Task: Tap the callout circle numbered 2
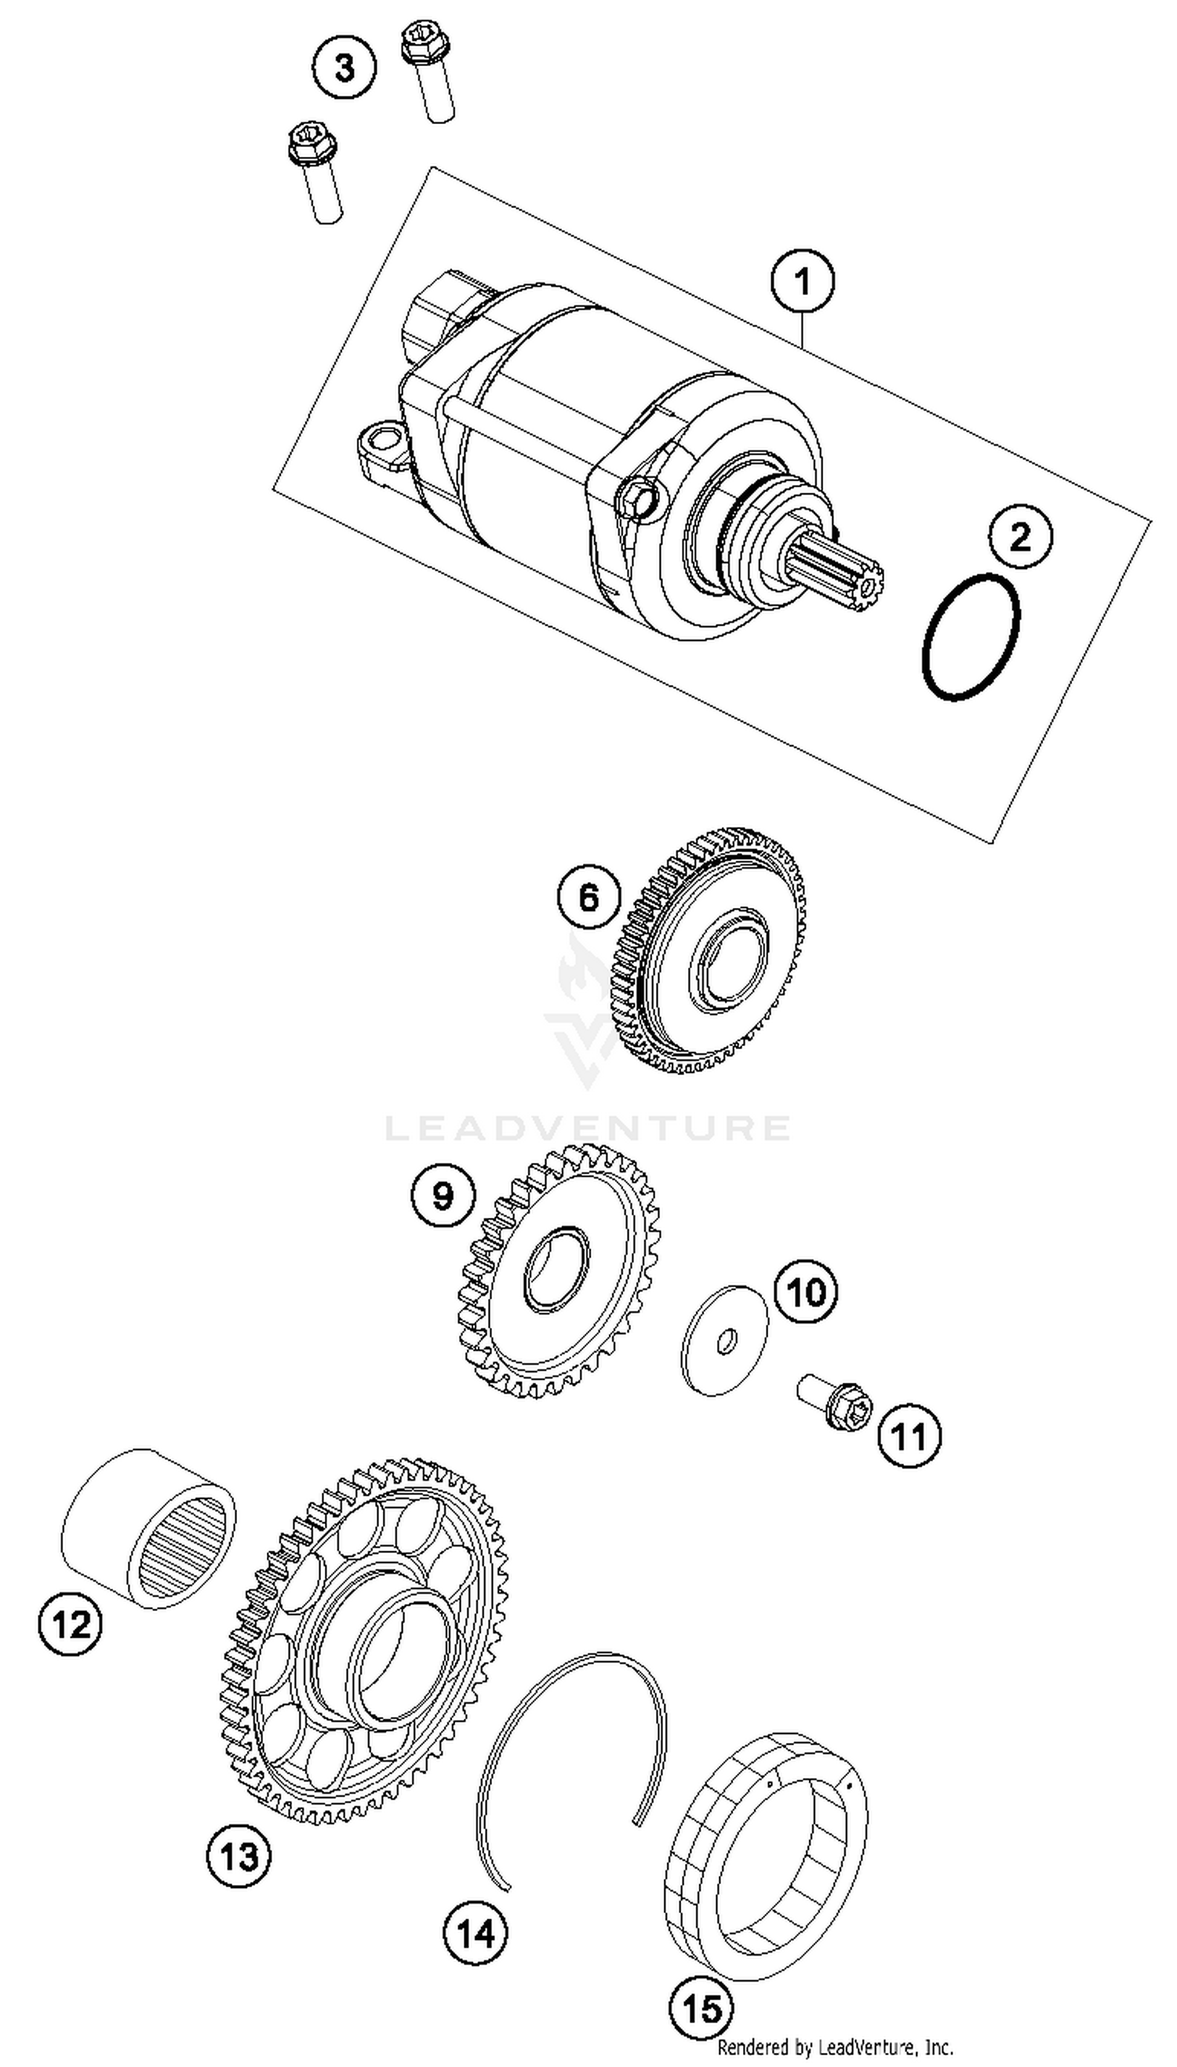pyautogui.click(x=1020, y=536)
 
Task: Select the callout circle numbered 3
pyautogui.click(x=345, y=68)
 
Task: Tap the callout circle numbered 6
pyautogui.click(x=589, y=897)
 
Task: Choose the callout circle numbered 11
pyautogui.click(x=909, y=1437)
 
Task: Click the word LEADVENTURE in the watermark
pyautogui.click(x=588, y=1127)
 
